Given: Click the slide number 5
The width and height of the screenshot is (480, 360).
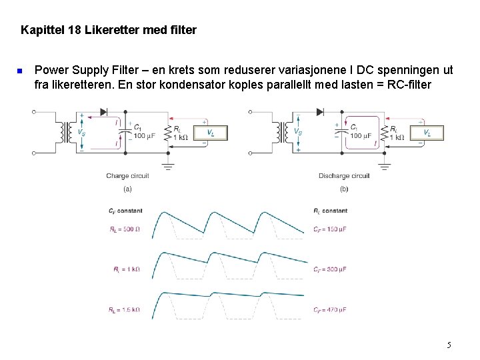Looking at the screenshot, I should [x=449, y=345].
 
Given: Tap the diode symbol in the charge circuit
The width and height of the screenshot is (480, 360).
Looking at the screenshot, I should [x=103, y=111].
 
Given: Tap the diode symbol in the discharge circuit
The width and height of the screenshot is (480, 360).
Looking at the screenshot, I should [x=320, y=111].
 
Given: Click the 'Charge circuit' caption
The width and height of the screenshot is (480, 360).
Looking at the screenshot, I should [x=127, y=176].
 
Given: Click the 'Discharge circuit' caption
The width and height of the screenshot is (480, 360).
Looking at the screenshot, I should [x=344, y=176].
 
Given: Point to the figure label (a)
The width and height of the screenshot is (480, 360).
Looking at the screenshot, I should [x=127, y=189].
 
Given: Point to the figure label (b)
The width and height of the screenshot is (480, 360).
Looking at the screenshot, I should [x=344, y=189].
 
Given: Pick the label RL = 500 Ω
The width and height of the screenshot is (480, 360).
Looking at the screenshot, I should [x=125, y=229].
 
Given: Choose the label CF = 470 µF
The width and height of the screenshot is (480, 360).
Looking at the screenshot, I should [x=331, y=309].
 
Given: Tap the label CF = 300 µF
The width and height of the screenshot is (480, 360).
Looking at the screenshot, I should [x=331, y=269].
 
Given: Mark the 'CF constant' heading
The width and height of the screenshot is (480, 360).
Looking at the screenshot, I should [x=125, y=211].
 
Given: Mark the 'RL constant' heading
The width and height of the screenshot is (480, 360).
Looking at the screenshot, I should [x=331, y=211].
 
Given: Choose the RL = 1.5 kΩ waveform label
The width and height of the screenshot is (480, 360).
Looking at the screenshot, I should [x=125, y=309].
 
